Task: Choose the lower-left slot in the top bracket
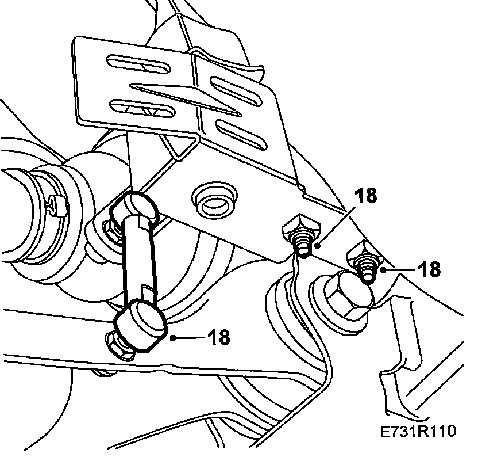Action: pos(141,106)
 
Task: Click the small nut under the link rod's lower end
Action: pos(118,345)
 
